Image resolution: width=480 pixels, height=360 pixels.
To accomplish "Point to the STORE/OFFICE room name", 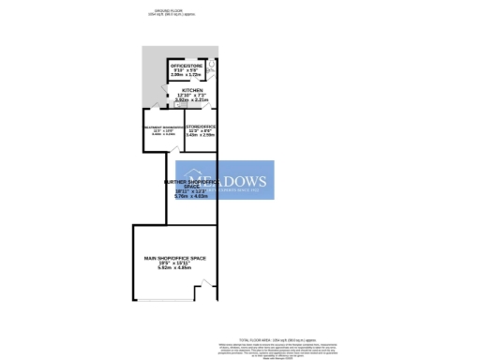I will pyautogui.click(x=202, y=125).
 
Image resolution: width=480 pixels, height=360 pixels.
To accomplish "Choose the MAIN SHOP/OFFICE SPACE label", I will pyautogui.click(x=174, y=257).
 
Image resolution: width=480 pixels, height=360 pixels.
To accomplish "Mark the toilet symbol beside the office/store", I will pyautogui.click(x=211, y=65).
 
